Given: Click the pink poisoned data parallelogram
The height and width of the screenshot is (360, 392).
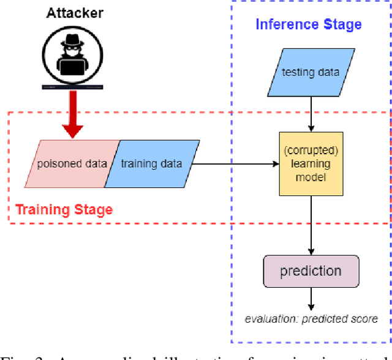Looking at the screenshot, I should click(70, 164).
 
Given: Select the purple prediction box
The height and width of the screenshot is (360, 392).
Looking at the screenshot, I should click(311, 271).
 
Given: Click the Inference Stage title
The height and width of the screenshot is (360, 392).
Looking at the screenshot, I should click(308, 24).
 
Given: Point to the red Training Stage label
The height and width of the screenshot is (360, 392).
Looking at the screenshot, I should click(64, 210).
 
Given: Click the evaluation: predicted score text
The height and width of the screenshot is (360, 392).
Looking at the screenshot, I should click(311, 318).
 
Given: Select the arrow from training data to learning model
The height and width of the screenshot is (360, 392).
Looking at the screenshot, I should click(233, 164).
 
